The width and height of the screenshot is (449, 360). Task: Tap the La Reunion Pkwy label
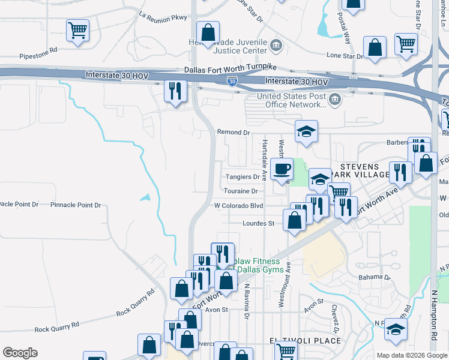click(163, 17)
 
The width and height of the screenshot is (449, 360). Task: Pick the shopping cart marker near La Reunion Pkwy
click(78, 31)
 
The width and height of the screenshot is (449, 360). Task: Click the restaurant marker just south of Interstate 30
click(175, 92)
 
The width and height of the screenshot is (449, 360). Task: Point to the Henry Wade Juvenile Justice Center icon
click(276, 44)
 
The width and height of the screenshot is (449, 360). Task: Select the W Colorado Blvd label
click(239, 205)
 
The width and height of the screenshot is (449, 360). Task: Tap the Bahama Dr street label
click(374, 278)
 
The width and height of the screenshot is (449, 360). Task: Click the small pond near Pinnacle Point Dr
click(145, 197)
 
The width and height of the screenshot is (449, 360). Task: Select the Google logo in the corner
click(20, 353)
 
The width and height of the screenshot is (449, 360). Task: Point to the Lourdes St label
click(258, 223)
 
